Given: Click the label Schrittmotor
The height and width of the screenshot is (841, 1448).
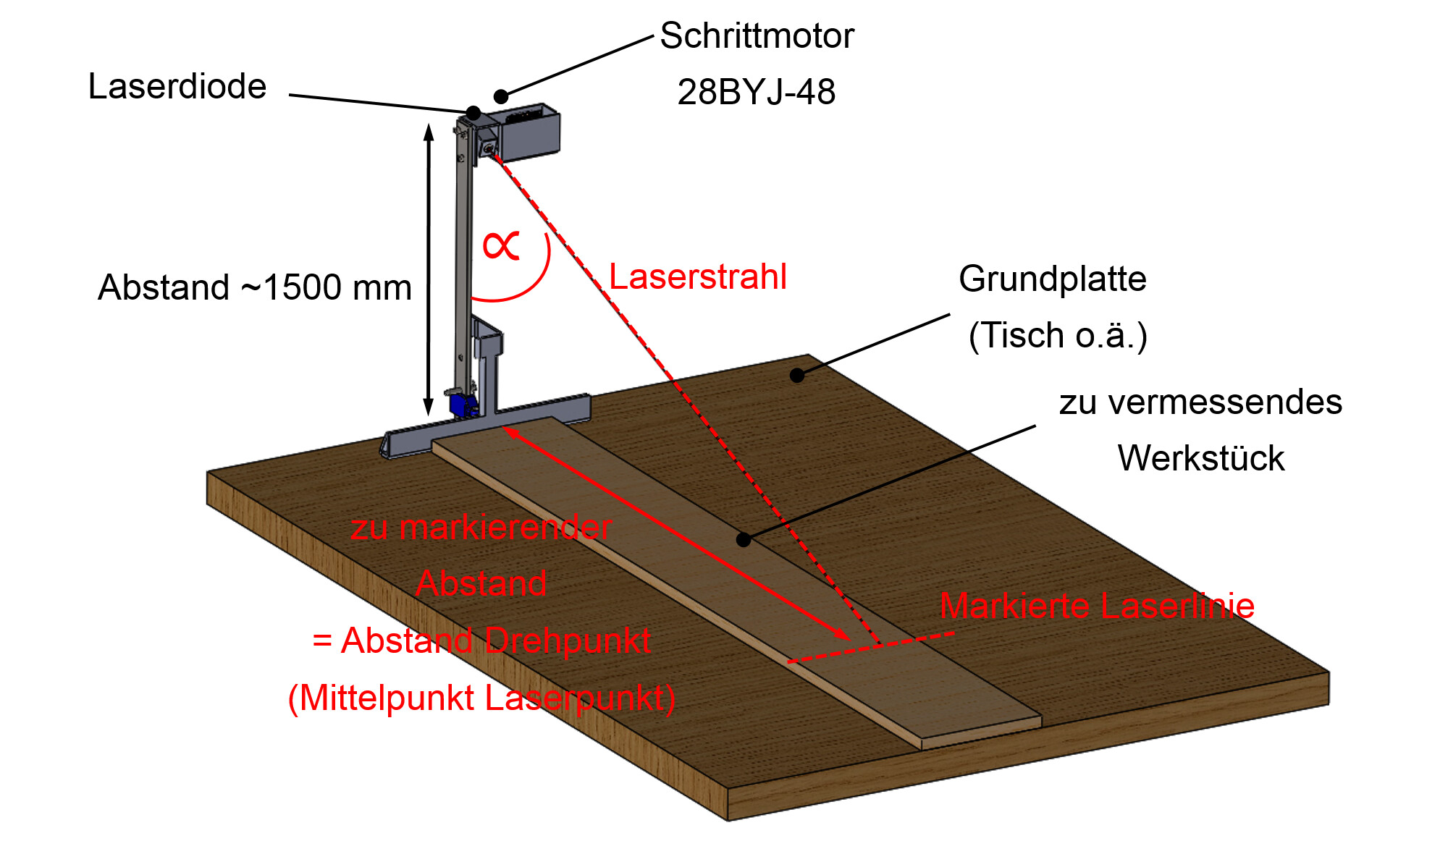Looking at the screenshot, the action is pos(757,35).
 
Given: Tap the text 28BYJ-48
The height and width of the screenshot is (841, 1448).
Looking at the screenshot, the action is pos(757,92).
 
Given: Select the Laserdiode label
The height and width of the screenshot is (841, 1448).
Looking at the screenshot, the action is pos(177,86).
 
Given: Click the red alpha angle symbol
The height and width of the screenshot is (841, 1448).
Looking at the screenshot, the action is pos(501,245).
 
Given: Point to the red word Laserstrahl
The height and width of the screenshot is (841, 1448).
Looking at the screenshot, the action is pos(698,276).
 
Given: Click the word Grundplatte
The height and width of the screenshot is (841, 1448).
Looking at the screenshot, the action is pos(1053,279).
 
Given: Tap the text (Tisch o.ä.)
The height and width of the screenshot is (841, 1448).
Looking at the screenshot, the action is pos(1058,336).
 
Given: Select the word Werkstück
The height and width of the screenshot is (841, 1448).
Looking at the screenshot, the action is pos(1201,458).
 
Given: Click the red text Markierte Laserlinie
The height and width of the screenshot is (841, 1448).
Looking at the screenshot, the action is pos(1097,606).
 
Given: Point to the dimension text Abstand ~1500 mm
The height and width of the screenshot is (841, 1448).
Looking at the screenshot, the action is pos(255,287).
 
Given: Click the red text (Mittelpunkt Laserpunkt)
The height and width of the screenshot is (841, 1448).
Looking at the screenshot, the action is pos(481,699).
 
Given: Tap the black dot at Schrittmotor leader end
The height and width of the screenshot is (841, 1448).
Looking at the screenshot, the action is pos(501,96).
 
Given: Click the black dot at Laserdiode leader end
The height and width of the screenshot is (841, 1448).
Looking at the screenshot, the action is pos(473,113).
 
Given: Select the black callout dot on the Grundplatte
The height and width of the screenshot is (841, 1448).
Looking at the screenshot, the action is pos(797,375).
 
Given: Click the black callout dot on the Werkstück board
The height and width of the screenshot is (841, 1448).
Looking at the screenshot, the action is pos(744,540).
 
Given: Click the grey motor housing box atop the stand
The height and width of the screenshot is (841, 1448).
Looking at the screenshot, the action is pos(529,132).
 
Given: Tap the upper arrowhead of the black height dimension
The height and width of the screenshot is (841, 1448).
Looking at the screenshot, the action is pos(429,131).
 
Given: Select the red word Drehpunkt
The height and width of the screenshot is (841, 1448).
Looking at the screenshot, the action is pos(568,641).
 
